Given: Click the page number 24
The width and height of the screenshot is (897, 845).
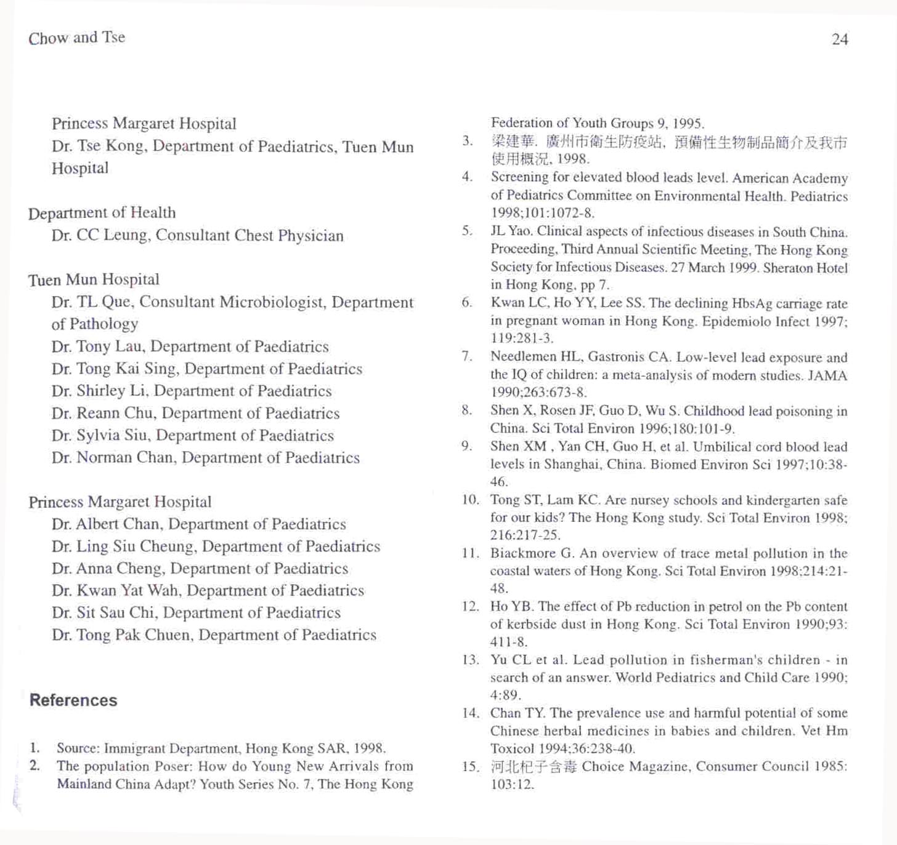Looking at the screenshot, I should (840, 39).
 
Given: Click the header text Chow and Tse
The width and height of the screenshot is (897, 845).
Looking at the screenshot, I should (76, 38).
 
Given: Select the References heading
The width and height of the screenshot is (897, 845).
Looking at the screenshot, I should (73, 700).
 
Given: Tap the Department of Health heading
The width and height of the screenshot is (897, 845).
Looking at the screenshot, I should (102, 213).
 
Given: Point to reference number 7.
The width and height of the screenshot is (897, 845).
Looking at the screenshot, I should (467, 356).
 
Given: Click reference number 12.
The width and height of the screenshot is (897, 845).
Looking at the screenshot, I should (470, 606).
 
